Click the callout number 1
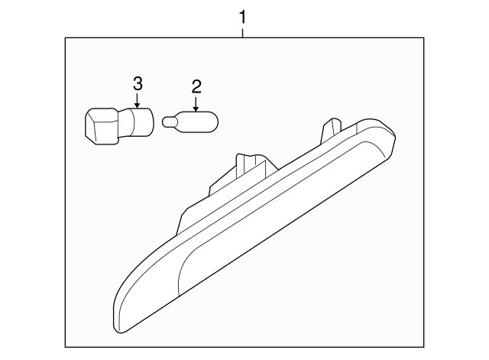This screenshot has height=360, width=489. click(243, 17)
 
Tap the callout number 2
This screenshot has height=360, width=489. click(196, 86)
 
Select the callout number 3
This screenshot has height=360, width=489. click(138, 83)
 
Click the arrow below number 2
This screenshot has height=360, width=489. click(196, 104)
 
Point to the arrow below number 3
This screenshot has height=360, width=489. click(137, 101)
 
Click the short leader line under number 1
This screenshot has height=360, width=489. click(243, 33)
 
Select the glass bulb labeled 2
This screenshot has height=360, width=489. click(190, 122)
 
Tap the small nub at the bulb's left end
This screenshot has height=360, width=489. click(167, 122)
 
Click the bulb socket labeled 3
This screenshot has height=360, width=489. click(120, 126)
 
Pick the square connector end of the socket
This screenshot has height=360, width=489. click(102, 126)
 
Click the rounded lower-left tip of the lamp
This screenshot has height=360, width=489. click(120, 324)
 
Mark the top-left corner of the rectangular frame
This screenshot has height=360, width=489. click(65, 37)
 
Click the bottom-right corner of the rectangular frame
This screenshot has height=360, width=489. click(424, 347)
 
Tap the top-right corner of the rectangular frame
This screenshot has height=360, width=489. click(424, 37)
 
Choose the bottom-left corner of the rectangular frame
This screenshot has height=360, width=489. click(65, 347)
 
